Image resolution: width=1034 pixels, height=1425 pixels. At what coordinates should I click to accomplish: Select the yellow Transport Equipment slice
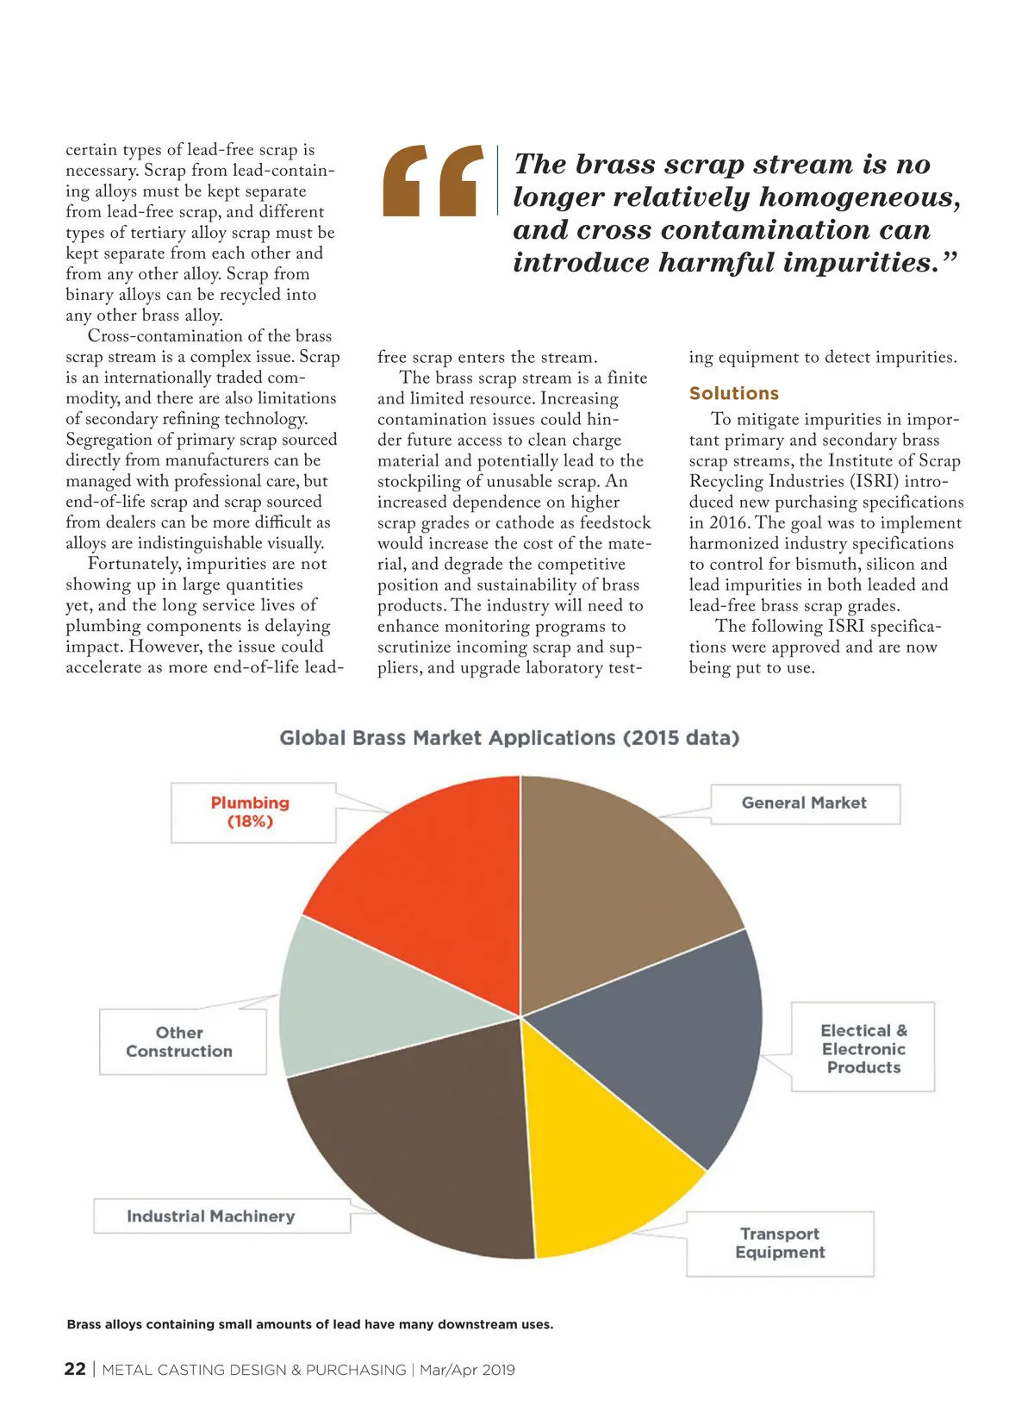[595, 1164]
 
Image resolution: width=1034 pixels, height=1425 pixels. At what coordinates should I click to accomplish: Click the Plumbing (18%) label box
[251, 812]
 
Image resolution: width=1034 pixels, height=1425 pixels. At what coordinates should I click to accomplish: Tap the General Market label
[804, 803]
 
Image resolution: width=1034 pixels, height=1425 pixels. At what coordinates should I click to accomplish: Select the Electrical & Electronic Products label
[863, 1048]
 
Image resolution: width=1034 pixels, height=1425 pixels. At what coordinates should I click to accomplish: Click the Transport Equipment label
[780, 1243]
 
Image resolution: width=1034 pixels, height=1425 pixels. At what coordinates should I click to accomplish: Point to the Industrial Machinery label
[211, 1216]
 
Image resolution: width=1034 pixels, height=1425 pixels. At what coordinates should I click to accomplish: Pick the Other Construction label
[179, 1042]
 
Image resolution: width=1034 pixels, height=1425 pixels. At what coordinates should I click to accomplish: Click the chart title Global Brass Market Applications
[509, 738]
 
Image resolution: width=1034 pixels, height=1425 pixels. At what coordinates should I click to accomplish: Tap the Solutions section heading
[734, 394]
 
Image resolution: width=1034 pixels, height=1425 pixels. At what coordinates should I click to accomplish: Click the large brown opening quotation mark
[433, 180]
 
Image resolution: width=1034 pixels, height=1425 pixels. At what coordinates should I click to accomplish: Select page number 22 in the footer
[75, 1369]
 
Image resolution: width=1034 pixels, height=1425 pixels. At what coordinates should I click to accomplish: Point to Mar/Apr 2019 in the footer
[467, 1370]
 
